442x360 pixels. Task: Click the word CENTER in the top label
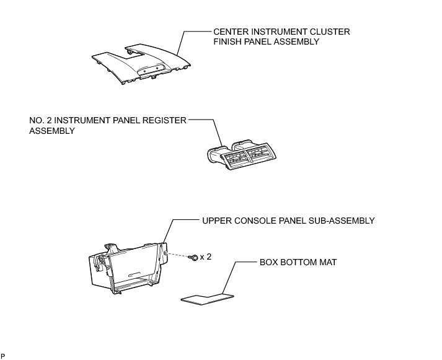230,31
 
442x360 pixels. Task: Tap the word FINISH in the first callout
227,42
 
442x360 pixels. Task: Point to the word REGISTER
164,120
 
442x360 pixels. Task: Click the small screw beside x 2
195,257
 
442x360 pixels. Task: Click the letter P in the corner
3,356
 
